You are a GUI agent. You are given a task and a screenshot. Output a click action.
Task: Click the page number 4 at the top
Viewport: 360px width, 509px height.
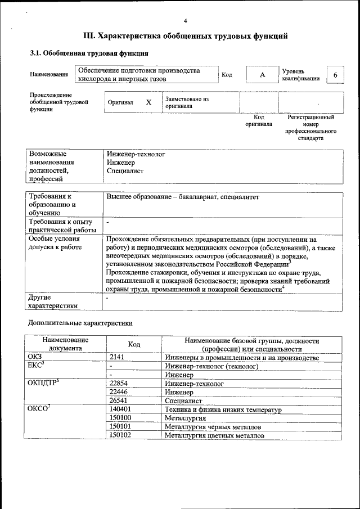point(185,21)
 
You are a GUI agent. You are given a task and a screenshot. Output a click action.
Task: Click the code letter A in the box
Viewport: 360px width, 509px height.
point(262,75)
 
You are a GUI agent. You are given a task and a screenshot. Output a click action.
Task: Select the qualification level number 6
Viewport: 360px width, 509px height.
point(335,75)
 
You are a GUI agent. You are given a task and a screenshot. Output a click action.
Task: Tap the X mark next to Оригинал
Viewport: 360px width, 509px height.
point(149,102)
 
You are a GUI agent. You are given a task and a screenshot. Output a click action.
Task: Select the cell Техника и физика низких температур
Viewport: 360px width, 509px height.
point(223,409)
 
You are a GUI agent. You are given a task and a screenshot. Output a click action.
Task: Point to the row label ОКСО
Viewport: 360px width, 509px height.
point(39,409)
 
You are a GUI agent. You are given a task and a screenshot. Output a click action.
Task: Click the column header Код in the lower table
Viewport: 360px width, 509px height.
point(134,344)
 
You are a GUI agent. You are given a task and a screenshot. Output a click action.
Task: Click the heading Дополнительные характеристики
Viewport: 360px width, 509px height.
point(80,323)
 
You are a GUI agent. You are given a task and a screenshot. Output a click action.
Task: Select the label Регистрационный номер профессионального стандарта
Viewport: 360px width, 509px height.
point(310,128)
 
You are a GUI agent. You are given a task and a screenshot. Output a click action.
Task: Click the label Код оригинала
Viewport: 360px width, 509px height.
point(259,121)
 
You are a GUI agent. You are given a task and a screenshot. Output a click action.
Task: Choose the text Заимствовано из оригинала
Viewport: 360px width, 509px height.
point(187,102)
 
